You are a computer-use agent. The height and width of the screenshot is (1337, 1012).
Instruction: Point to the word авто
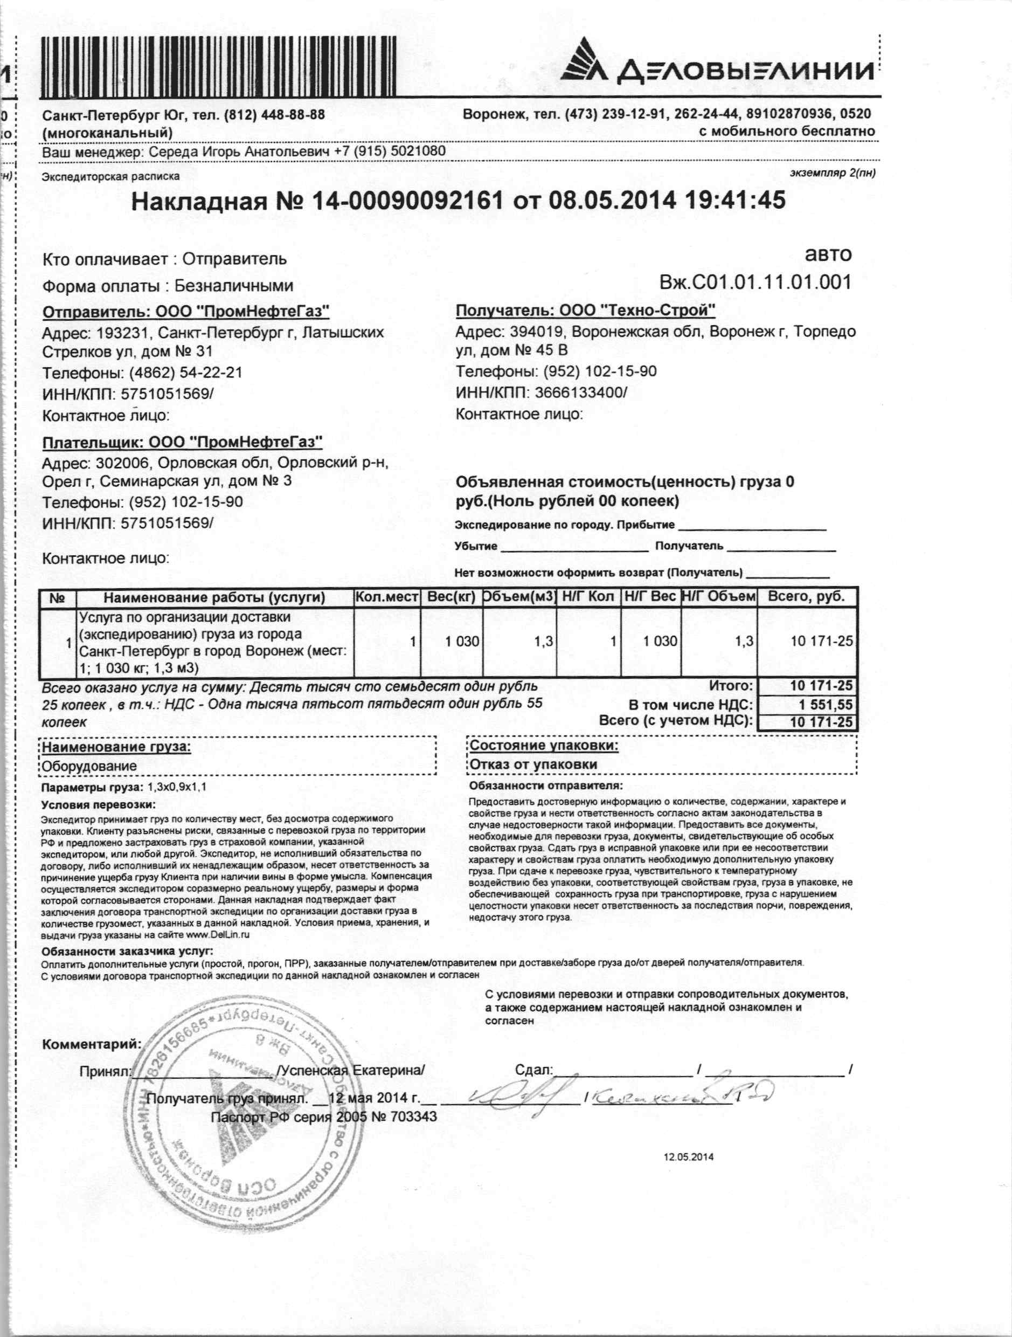point(828,254)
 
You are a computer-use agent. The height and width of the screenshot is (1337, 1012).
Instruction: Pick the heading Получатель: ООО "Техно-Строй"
point(585,311)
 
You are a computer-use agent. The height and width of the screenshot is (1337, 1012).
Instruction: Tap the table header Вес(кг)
point(452,597)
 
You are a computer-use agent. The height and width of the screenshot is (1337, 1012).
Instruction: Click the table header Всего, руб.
point(806,597)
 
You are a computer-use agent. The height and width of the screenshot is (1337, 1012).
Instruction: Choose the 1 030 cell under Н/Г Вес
point(660,640)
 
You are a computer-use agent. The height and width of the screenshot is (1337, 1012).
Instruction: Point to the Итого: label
point(731,686)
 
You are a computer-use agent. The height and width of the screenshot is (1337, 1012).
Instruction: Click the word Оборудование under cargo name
point(89,767)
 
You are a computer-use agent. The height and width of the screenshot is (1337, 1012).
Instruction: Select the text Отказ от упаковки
point(533,764)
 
